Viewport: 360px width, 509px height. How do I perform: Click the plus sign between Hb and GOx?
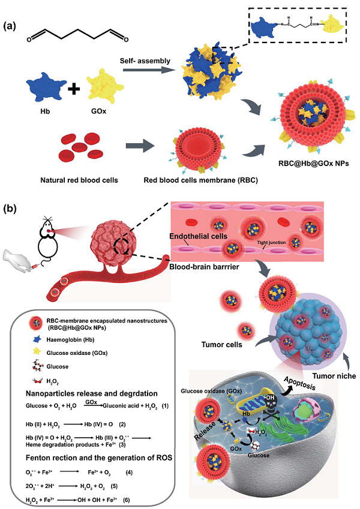[74, 91]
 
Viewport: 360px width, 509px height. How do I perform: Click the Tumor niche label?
[333, 377]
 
